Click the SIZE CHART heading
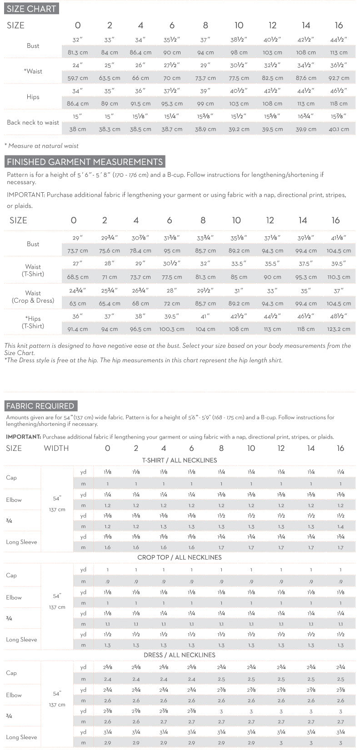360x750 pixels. coord(31,9)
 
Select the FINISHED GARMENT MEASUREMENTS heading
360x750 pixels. coord(85,162)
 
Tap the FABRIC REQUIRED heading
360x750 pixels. coord(40,406)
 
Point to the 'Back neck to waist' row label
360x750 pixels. coord(33,122)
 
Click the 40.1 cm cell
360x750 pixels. coord(339,129)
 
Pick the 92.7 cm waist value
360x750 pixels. coord(339,78)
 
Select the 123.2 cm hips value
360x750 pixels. coord(339,329)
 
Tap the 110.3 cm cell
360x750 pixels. coord(339,277)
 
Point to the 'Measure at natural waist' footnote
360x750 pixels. coord(42,146)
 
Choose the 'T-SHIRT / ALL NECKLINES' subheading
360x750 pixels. coord(180,460)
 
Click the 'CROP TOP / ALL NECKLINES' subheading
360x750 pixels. coord(180,557)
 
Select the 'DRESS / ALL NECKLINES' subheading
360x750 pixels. coord(180,655)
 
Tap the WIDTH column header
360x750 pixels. coord(56,448)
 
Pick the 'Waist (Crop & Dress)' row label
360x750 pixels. coord(33,297)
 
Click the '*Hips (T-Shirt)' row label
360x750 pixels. coord(33,322)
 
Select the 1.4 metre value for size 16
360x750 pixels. coord(340,526)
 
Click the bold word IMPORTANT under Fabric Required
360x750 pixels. coord(23,437)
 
